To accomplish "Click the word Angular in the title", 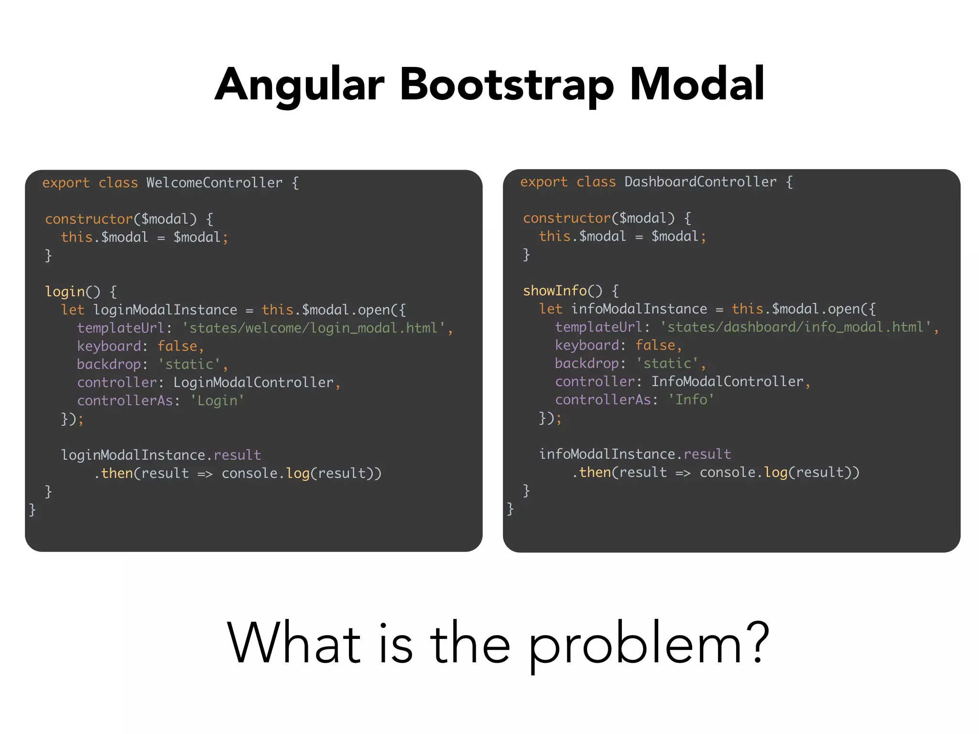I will [300, 85].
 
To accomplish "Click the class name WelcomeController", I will [214, 183].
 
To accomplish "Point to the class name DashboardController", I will [700, 182].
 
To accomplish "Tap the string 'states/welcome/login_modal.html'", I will [313, 328].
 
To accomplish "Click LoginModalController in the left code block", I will [253, 383].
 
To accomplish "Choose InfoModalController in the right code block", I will [727, 382].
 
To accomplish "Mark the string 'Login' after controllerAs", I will [217, 400].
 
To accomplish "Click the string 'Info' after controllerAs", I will [691, 399].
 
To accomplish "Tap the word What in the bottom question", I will [294, 643].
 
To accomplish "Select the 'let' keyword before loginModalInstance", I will [73, 310].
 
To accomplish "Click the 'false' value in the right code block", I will [655, 345].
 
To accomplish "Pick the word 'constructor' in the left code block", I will [88, 219].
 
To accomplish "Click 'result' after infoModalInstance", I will [707, 454].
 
